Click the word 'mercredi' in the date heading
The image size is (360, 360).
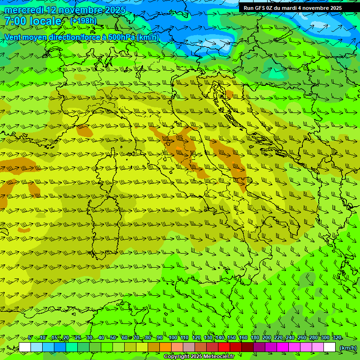tap(21, 10)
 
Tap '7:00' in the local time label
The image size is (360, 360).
tap(15, 21)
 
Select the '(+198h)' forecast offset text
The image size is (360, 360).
tap(83, 21)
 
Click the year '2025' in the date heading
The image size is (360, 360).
tap(115, 10)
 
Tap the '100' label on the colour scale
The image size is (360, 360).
tap(173, 337)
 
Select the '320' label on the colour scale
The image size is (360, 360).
tap(337, 337)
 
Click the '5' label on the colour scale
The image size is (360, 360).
tap(30, 337)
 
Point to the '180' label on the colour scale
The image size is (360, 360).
tap(255, 337)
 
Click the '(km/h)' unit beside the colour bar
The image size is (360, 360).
tap(348, 347)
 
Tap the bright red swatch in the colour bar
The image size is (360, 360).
tap(224, 347)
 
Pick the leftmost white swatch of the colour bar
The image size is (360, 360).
tap(25, 347)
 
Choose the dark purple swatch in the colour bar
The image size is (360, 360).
tap(259, 347)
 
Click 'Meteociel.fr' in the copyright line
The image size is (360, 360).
tap(220, 357)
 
